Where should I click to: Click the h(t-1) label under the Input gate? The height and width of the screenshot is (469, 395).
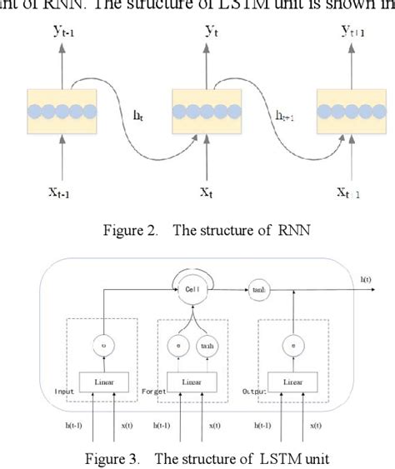click(82, 426)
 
